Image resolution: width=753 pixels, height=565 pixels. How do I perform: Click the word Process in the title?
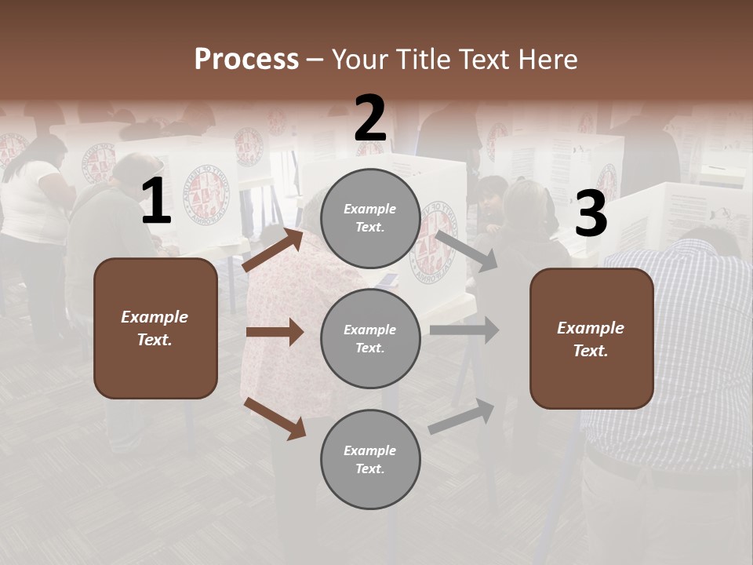[246, 60]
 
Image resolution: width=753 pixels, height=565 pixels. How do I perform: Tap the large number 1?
[156, 202]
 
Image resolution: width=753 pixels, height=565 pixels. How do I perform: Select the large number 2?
[370, 118]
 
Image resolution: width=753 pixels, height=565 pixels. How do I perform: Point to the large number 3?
[591, 214]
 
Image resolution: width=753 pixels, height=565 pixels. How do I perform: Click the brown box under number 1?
[155, 328]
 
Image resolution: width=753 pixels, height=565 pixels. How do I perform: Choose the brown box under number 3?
[591, 338]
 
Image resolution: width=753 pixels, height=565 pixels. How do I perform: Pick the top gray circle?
[370, 218]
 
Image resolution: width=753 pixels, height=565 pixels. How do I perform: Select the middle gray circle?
[370, 338]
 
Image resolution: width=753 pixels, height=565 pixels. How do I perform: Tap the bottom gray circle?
[370, 459]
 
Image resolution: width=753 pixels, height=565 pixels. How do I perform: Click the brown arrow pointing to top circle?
[273, 250]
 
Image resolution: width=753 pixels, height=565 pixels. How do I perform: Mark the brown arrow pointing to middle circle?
[275, 332]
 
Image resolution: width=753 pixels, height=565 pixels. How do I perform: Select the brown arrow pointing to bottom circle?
[275, 417]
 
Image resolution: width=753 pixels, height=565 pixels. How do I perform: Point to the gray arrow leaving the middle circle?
[464, 330]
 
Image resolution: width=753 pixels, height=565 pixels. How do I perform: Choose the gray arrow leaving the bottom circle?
[462, 416]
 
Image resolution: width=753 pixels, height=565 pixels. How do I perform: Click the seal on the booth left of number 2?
[203, 191]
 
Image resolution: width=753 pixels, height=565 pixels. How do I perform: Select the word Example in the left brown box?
[155, 317]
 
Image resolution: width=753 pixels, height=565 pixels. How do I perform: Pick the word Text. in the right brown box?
[591, 351]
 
